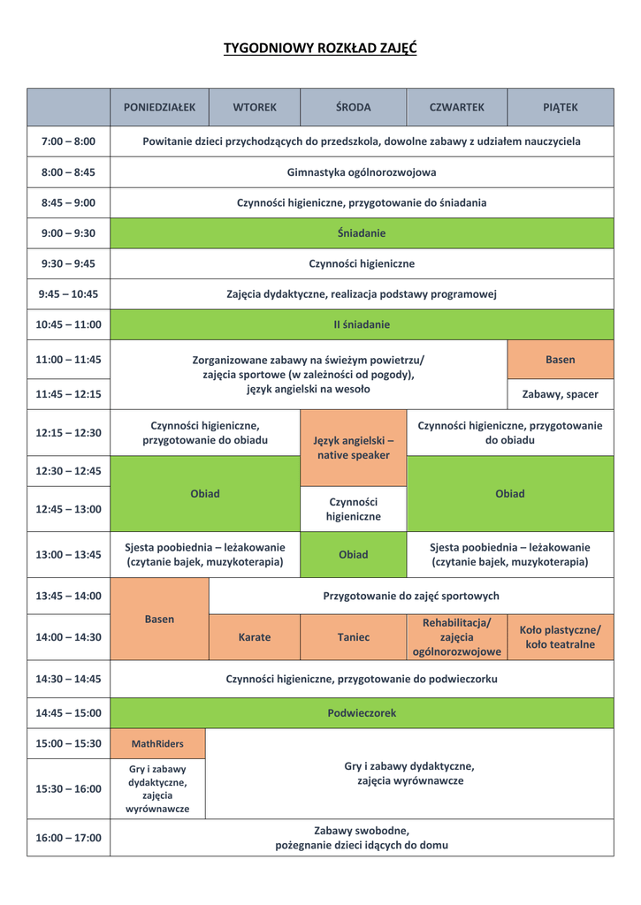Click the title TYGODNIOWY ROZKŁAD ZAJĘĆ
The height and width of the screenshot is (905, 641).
coord(320,48)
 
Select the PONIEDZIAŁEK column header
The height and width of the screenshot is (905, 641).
coord(159,107)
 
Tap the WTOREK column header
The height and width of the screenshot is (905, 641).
coord(255,107)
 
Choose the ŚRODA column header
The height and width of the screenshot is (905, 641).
coord(353,107)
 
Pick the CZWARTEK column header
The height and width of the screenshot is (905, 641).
coord(456,107)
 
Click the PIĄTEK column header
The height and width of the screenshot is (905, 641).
coord(560,107)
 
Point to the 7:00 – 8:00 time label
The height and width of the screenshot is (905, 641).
coord(68,141)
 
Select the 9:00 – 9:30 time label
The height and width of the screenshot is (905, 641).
coord(68,233)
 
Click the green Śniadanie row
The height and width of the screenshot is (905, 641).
coord(362,233)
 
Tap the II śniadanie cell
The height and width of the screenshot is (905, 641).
coord(362,324)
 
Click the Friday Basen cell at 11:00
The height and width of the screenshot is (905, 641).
coord(560,360)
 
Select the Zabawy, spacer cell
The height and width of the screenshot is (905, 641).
coord(560,394)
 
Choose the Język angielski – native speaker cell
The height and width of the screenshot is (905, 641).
coord(353,447)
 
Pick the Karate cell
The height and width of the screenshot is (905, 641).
coord(255,637)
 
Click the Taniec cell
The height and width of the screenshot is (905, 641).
coord(353,637)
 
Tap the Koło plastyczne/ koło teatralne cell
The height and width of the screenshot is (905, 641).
coord(560,637)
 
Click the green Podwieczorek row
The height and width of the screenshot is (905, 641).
coord(362,712)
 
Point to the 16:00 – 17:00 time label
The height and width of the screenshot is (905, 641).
coord(68,838)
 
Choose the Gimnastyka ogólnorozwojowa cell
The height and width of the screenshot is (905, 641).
coord(362,172)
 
